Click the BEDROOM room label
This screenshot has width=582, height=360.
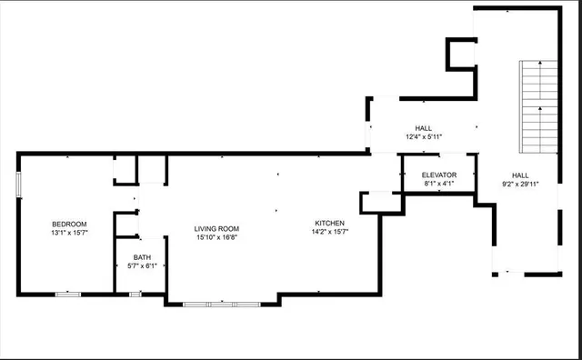[x=69, y=224]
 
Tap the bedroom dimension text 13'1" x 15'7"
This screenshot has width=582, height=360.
[x=69, y=234]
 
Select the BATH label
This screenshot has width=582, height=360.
[x=142, y=256]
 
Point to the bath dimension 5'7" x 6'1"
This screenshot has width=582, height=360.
[x=142, y=265]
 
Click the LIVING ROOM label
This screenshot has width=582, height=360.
[x=216, y=228]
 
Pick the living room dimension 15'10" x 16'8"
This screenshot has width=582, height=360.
[x=216, y=237]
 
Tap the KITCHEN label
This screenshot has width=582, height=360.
[x=330, y=223]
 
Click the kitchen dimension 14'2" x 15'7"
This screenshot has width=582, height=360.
[x=330, y=232]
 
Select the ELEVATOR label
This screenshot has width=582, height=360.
[x=438, y=175]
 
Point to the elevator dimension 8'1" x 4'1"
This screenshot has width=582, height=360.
[x=438, y=184]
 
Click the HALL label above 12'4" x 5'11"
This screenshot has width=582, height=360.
[x=424, y=128]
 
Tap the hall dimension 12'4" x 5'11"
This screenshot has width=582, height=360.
[x=424, y=137]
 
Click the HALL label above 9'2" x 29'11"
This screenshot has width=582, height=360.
[x=520, y=175]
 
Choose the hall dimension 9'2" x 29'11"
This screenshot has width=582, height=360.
[x=520, y=184]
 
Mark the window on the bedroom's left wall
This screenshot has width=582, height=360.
[x=19, y=183]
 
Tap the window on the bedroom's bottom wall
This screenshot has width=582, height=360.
[x=68, y=294]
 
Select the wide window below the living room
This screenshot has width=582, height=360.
[x=222, y=304]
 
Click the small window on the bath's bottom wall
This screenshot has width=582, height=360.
[x=135, y=294]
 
